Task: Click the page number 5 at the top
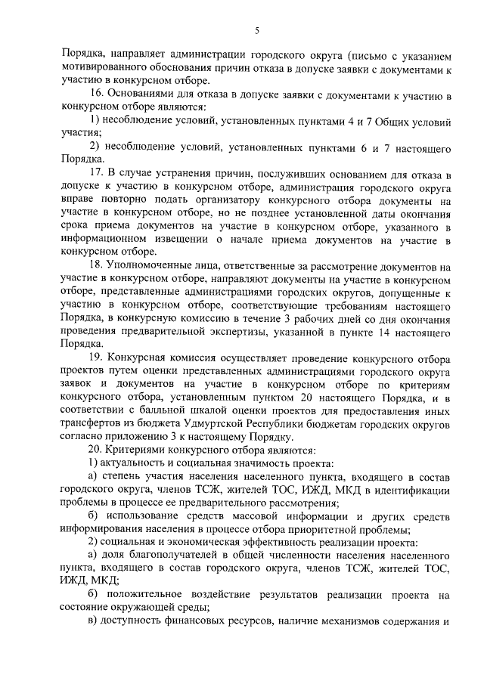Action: [x=257, y=30]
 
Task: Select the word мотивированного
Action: [x=101, y=70]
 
